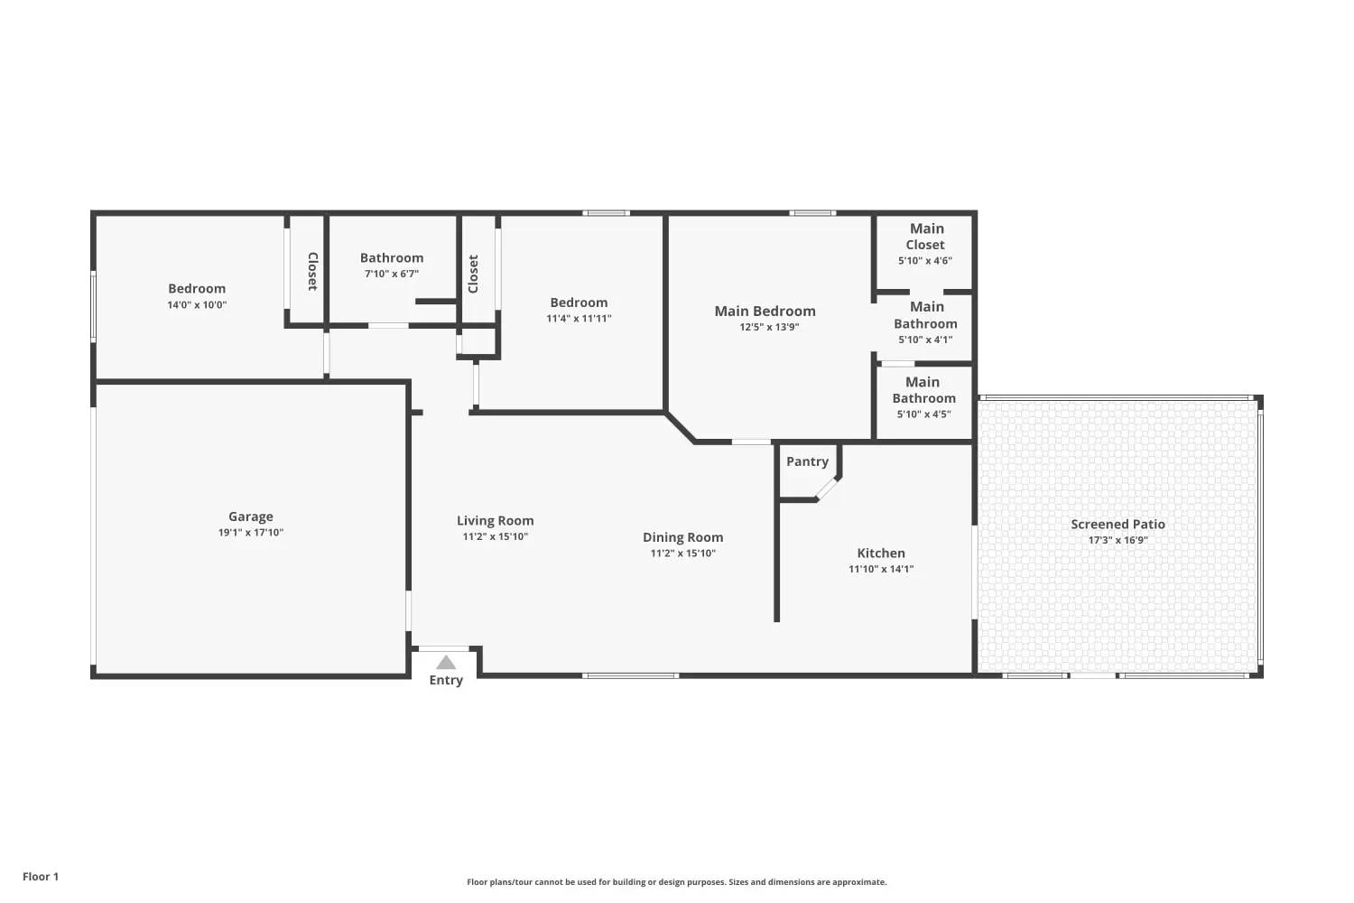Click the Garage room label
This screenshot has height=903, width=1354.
tap(250, 517)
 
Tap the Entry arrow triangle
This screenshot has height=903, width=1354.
tap(446, 662)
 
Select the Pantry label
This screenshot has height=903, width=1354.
tap(807, 461)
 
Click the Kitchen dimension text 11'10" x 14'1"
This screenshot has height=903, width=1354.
tap(881, 569)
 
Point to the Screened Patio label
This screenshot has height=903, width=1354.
tap(1118, 525)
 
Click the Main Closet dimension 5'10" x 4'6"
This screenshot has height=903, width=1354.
tap(925, 261)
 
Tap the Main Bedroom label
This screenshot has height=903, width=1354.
tap(765, 311)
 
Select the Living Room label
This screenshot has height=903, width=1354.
tap(495, 521)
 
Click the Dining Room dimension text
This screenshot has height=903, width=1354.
tap(683, 553)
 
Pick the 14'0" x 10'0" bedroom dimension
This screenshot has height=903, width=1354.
tap(197, 305)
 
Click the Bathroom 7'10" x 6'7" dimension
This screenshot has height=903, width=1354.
tap(392, 274)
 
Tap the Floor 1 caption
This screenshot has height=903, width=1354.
tap(41, 877)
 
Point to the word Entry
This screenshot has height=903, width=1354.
tap(446, 681)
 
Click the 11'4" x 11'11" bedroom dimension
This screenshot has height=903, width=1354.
tap(579, 318)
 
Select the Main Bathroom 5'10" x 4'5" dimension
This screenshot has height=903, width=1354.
tap(923, 414)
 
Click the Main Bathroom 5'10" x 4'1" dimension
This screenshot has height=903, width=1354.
tap(925, 340)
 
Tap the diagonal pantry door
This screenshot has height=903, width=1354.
tap(827, 489)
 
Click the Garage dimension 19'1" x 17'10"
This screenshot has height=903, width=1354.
tap(250, 532)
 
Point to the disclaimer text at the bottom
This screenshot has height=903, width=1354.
tap(676, 882)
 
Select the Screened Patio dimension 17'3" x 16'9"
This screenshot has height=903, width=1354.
tap(1118, 540)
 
